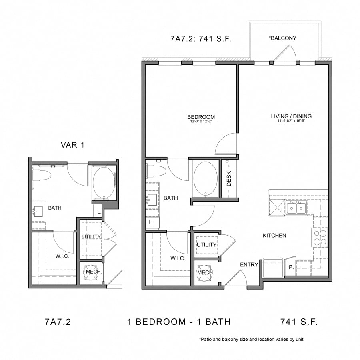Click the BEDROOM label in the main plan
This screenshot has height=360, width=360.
click(x=201, y=117)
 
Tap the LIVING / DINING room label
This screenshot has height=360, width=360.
click(x=291, y=116)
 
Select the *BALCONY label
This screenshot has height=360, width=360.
click(x=282, y=38)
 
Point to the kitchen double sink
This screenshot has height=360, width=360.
click(x=296, y=208)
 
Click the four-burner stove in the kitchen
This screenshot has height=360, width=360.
click(x=320, y=237)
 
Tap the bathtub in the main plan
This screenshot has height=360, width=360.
click(x=206, y=179)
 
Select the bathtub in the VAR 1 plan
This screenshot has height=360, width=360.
click(x=104, y=183)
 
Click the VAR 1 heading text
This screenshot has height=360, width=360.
click(x=72, y=145)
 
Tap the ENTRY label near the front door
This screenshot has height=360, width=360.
click(x=249, y=265)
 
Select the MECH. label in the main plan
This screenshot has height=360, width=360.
click(x=206, y=272)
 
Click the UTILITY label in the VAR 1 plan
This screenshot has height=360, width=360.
click(x=91, y=237)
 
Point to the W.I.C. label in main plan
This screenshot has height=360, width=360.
click(x=177, y=258)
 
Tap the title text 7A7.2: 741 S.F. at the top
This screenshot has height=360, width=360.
click(x=201, y=39)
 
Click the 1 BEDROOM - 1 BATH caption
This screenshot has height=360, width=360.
click(x=179, y=322)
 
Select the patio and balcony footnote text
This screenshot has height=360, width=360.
click(x=251, y=339)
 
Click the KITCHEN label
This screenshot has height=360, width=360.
click(x=274, y=236)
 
